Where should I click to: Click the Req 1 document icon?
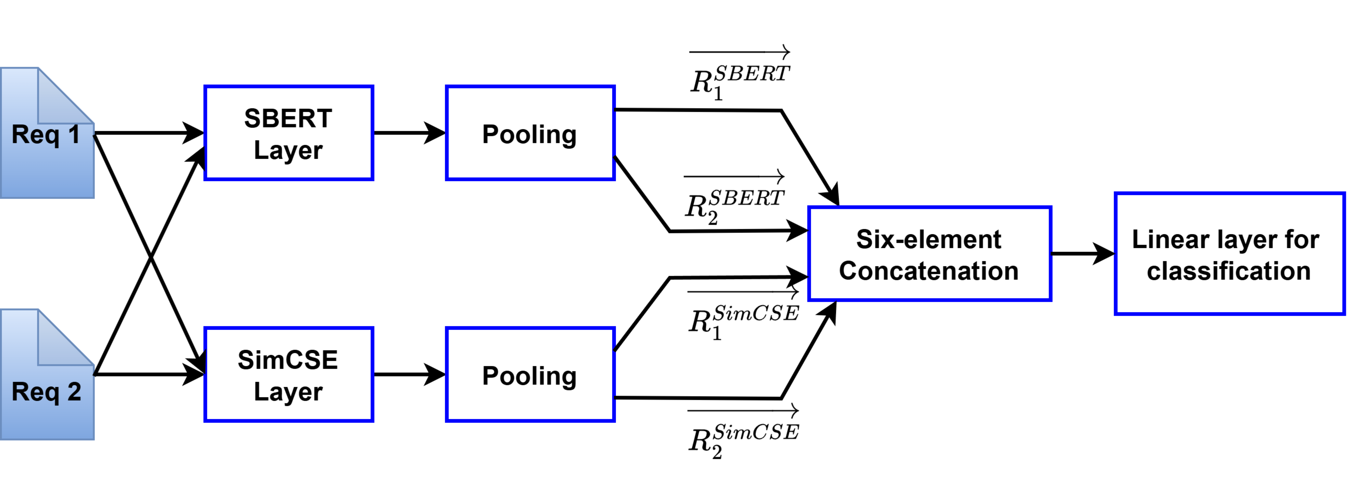[47, 133]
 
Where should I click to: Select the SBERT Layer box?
[289, 133]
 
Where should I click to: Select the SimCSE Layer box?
[289, 375]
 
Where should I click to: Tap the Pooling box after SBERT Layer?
[530, 133]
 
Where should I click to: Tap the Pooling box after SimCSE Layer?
[530, 375]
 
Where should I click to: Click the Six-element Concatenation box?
[929, 254]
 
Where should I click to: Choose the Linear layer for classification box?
[1229, 254]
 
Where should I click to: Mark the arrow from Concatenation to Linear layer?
[1082, 254]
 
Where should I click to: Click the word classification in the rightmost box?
[1229, 271]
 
